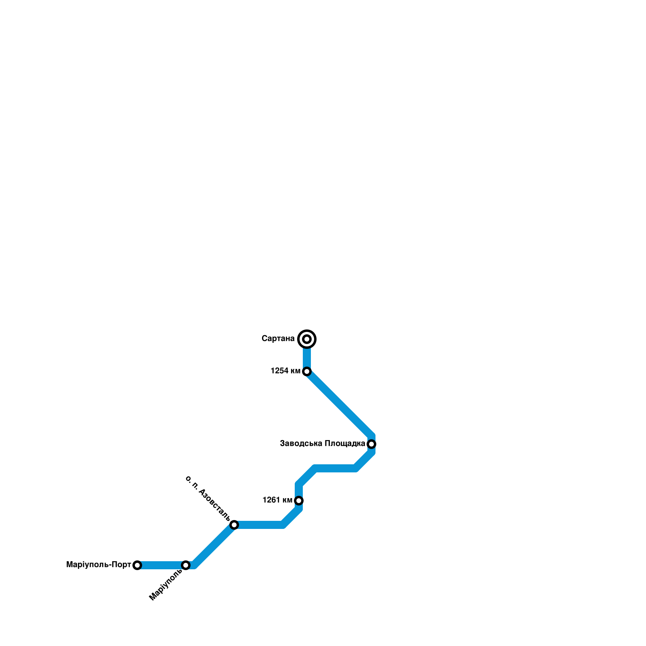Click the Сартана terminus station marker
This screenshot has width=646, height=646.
pos(307,339)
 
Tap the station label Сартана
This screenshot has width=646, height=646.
pos(278,338)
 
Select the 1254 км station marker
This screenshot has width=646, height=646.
pos(307,371)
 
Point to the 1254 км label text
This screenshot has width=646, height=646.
pos(285,371)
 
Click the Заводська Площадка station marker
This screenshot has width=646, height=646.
pos(371,444)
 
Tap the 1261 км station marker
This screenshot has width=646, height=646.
pos(299,501)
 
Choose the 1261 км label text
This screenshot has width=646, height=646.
pos(277,500)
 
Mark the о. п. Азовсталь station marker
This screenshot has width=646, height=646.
pos(234,525)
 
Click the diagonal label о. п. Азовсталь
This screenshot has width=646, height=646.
pos(208,498)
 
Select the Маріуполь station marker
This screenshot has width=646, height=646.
pos(186,565)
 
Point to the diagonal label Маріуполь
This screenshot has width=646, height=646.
pos(166,585)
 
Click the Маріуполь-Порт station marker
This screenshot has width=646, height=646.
pos(137,565)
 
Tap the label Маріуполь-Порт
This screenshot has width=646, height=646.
pos(99,565)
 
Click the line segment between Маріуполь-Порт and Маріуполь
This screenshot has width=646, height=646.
pos(161,565)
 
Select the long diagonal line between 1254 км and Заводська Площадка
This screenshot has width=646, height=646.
pos(339,403)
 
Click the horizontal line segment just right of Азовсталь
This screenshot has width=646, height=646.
pos(258,525)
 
